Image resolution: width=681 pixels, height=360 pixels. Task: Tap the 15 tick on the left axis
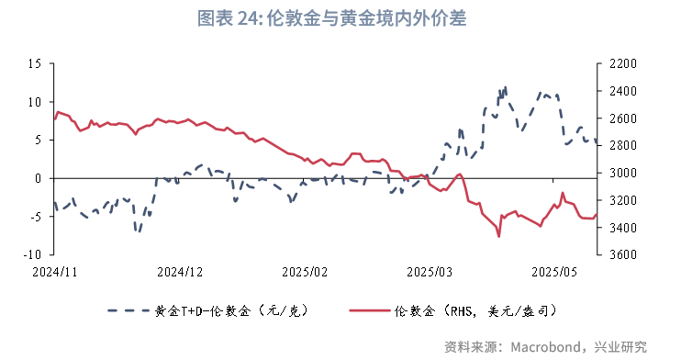35,63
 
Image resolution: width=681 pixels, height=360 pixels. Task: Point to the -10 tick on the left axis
33,254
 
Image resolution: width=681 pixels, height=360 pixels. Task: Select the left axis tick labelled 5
39,140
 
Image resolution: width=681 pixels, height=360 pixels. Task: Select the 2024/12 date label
179,272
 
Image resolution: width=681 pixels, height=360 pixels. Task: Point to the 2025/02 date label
305,272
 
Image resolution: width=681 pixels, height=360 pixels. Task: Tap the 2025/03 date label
430,272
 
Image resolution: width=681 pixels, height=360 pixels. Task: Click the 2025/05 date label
555,272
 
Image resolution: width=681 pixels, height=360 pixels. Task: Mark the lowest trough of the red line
499,236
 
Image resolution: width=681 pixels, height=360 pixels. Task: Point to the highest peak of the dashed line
506,88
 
